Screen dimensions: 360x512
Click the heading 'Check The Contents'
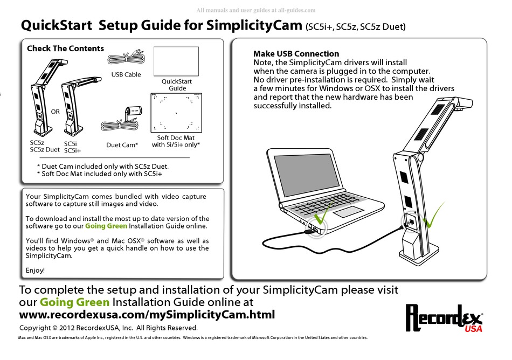coord(65,49)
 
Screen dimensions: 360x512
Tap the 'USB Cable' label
coord(126,74)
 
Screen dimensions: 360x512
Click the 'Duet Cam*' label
coord(122,145)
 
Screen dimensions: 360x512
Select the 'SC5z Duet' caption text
coord(45,150)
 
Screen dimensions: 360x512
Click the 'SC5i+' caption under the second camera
coord(73,151)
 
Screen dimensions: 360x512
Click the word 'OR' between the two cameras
coord(55,112)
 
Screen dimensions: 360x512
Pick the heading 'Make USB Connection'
coord(296,54)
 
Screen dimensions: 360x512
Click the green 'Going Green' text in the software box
coord(106,226)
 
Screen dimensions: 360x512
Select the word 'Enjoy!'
coord(36,269)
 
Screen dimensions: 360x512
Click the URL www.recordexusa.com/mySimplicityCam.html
coord(147,315)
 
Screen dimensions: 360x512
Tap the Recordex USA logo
coord(444,319)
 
